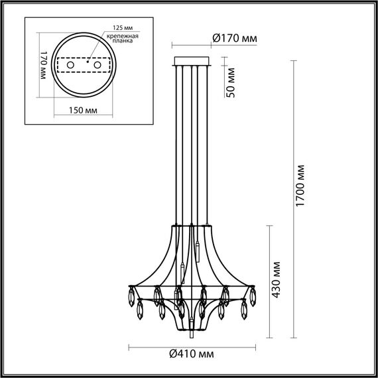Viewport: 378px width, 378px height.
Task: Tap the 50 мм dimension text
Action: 230,84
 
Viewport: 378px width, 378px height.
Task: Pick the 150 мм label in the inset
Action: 81,110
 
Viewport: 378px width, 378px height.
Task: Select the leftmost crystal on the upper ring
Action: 130,292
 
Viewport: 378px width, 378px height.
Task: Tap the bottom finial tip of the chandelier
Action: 192,326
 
